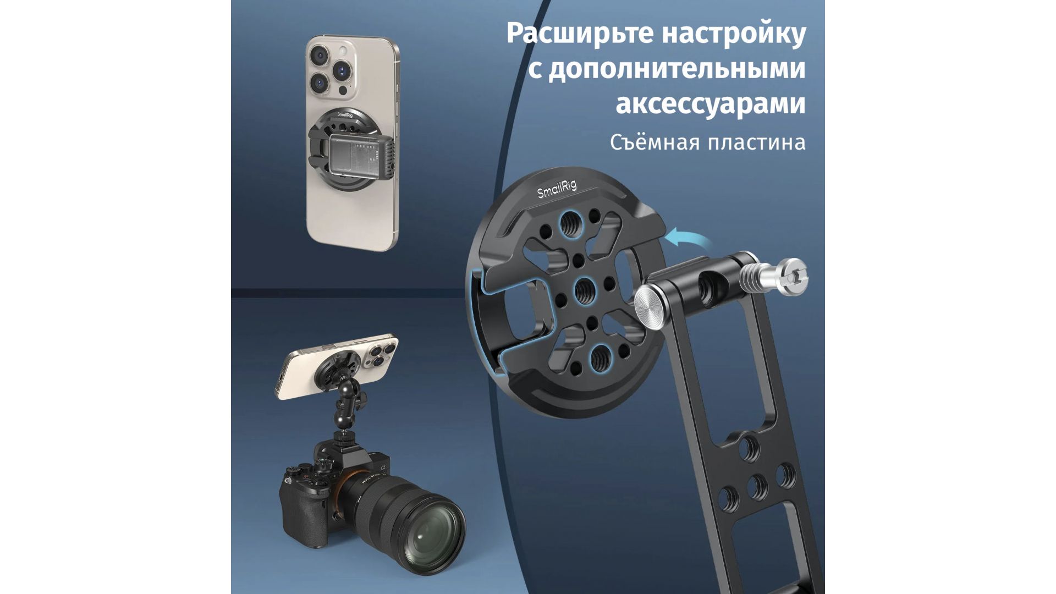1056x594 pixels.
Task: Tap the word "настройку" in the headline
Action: pyautogui.click(x=734, y=34)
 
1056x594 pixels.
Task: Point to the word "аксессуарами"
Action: pyautogui.click(x=711, y=104)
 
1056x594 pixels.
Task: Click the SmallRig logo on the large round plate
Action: pyautogui.click(x=557, y=189)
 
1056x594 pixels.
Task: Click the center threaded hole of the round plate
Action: pyautogui.click(x=584, y=290)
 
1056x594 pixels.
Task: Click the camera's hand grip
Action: pyautogui.click(x=297, y=514)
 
